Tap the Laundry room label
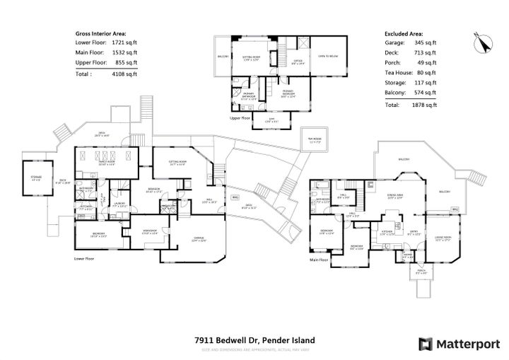click(119, 205)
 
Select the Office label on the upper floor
click(298, 62)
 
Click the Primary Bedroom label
click(288, 93)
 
